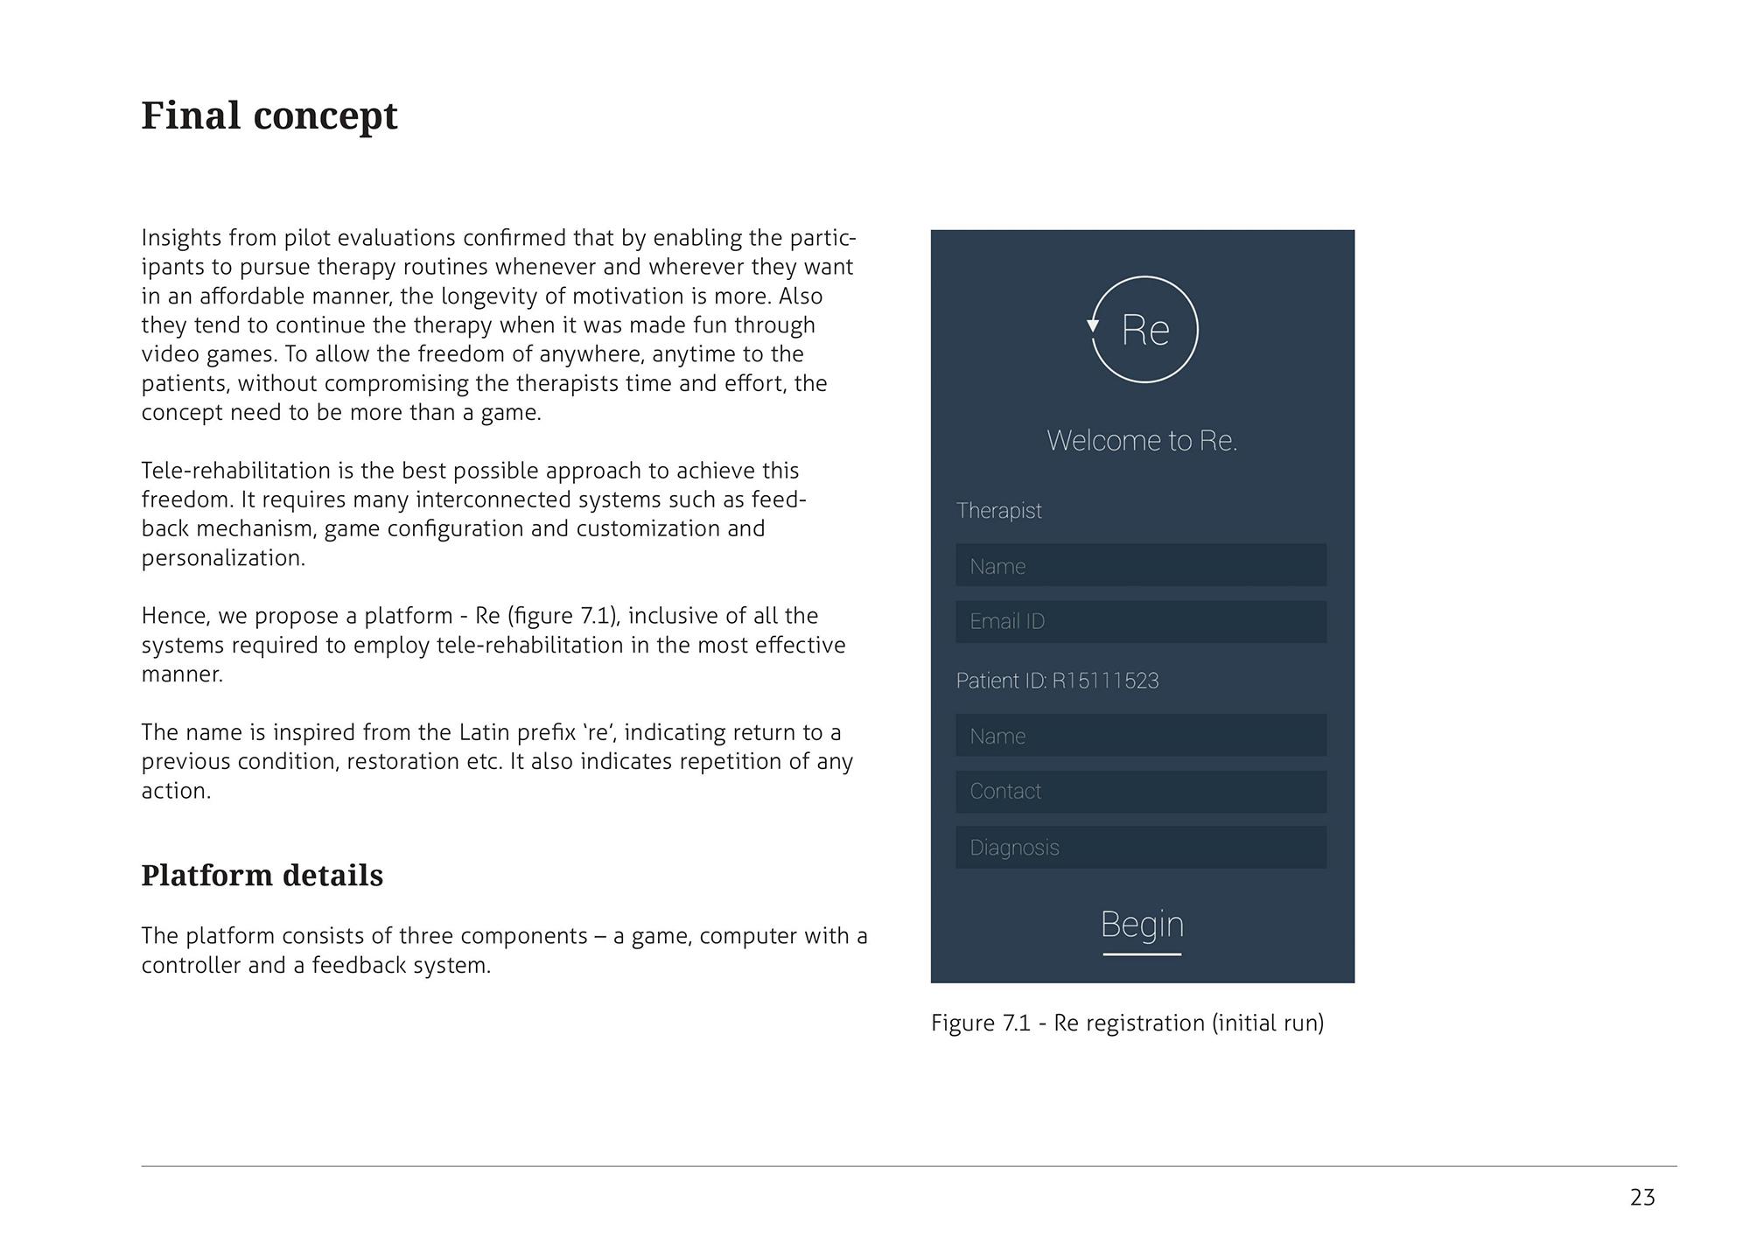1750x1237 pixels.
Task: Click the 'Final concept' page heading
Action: pos(269,115)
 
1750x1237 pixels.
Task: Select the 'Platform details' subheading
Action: pos(262,875)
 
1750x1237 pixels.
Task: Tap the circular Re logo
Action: pos(1144,330)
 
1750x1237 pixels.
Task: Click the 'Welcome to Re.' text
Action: pos(1142,440)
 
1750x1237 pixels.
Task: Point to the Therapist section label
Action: pos(998,510)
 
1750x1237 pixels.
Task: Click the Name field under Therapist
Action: pos(1140,565)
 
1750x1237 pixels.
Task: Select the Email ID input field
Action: pos(1140,621)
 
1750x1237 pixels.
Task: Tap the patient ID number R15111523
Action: pos(1105,681)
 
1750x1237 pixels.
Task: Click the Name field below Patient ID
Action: pos(1140,735)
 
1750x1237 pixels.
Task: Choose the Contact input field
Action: pos(1140,791)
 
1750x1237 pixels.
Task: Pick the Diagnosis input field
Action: pos(1140,847)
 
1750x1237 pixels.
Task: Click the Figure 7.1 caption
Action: pos(1127,1023)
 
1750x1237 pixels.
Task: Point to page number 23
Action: pos(1642,1197)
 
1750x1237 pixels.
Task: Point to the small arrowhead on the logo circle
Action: pos(1093,325)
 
